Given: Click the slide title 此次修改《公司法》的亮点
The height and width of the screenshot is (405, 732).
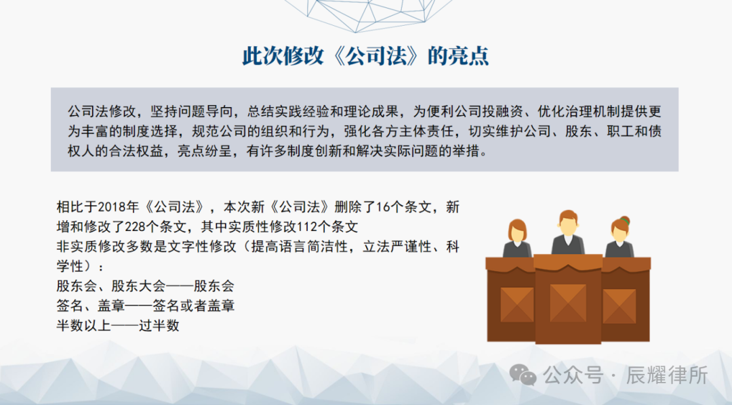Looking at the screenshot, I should click(366, 56).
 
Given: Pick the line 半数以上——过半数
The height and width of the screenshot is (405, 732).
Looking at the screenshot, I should click(118, 325).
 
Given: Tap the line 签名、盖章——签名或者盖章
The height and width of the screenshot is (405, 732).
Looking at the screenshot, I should click(146, 305).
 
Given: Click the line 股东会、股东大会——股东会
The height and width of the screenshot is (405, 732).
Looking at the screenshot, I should click(146, 286).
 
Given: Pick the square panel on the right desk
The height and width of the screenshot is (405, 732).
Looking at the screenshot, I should click(619, 305).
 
